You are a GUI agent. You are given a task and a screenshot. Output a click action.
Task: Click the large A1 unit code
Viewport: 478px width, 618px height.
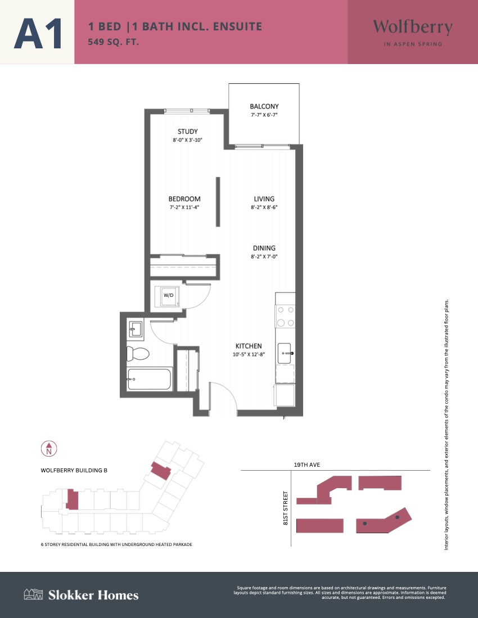[38, 34]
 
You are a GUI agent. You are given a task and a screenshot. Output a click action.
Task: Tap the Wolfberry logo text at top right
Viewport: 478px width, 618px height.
[413, 27]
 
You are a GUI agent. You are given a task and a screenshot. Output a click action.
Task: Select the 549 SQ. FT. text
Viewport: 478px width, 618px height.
[114, 42]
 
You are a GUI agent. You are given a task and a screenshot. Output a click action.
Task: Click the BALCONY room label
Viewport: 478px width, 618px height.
[264, 106]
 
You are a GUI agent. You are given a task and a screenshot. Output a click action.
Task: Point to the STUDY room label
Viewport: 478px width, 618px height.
[188, 132]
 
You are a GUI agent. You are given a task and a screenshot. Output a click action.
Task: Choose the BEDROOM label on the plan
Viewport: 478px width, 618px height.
[184, 199]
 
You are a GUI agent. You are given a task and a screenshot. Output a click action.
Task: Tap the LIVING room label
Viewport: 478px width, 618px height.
[264, 199]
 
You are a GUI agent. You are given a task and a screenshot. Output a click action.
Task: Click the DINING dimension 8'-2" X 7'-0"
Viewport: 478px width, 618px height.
[264, 256]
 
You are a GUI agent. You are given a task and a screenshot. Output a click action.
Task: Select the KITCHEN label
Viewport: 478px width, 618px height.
[249, 346]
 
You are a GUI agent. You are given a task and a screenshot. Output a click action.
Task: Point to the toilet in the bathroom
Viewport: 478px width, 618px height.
[138, 354]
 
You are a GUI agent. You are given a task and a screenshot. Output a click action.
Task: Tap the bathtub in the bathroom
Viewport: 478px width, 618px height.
[150, 379]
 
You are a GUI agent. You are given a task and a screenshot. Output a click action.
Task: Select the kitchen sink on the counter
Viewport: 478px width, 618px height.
[285, 353]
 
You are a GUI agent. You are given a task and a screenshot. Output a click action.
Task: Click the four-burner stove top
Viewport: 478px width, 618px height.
[285, 317]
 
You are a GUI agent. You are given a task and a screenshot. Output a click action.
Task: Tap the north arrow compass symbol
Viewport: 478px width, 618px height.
[49, 449]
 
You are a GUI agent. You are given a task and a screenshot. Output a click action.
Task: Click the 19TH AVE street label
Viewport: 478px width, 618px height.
[307, 464]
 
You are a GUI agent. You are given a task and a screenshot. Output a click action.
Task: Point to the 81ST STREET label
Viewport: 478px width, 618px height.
[286, 508]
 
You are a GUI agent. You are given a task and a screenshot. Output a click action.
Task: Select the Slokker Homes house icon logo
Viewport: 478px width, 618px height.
[33, 594]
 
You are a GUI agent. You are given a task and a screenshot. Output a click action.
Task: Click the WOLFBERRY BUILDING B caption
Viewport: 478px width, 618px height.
[74, 470]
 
